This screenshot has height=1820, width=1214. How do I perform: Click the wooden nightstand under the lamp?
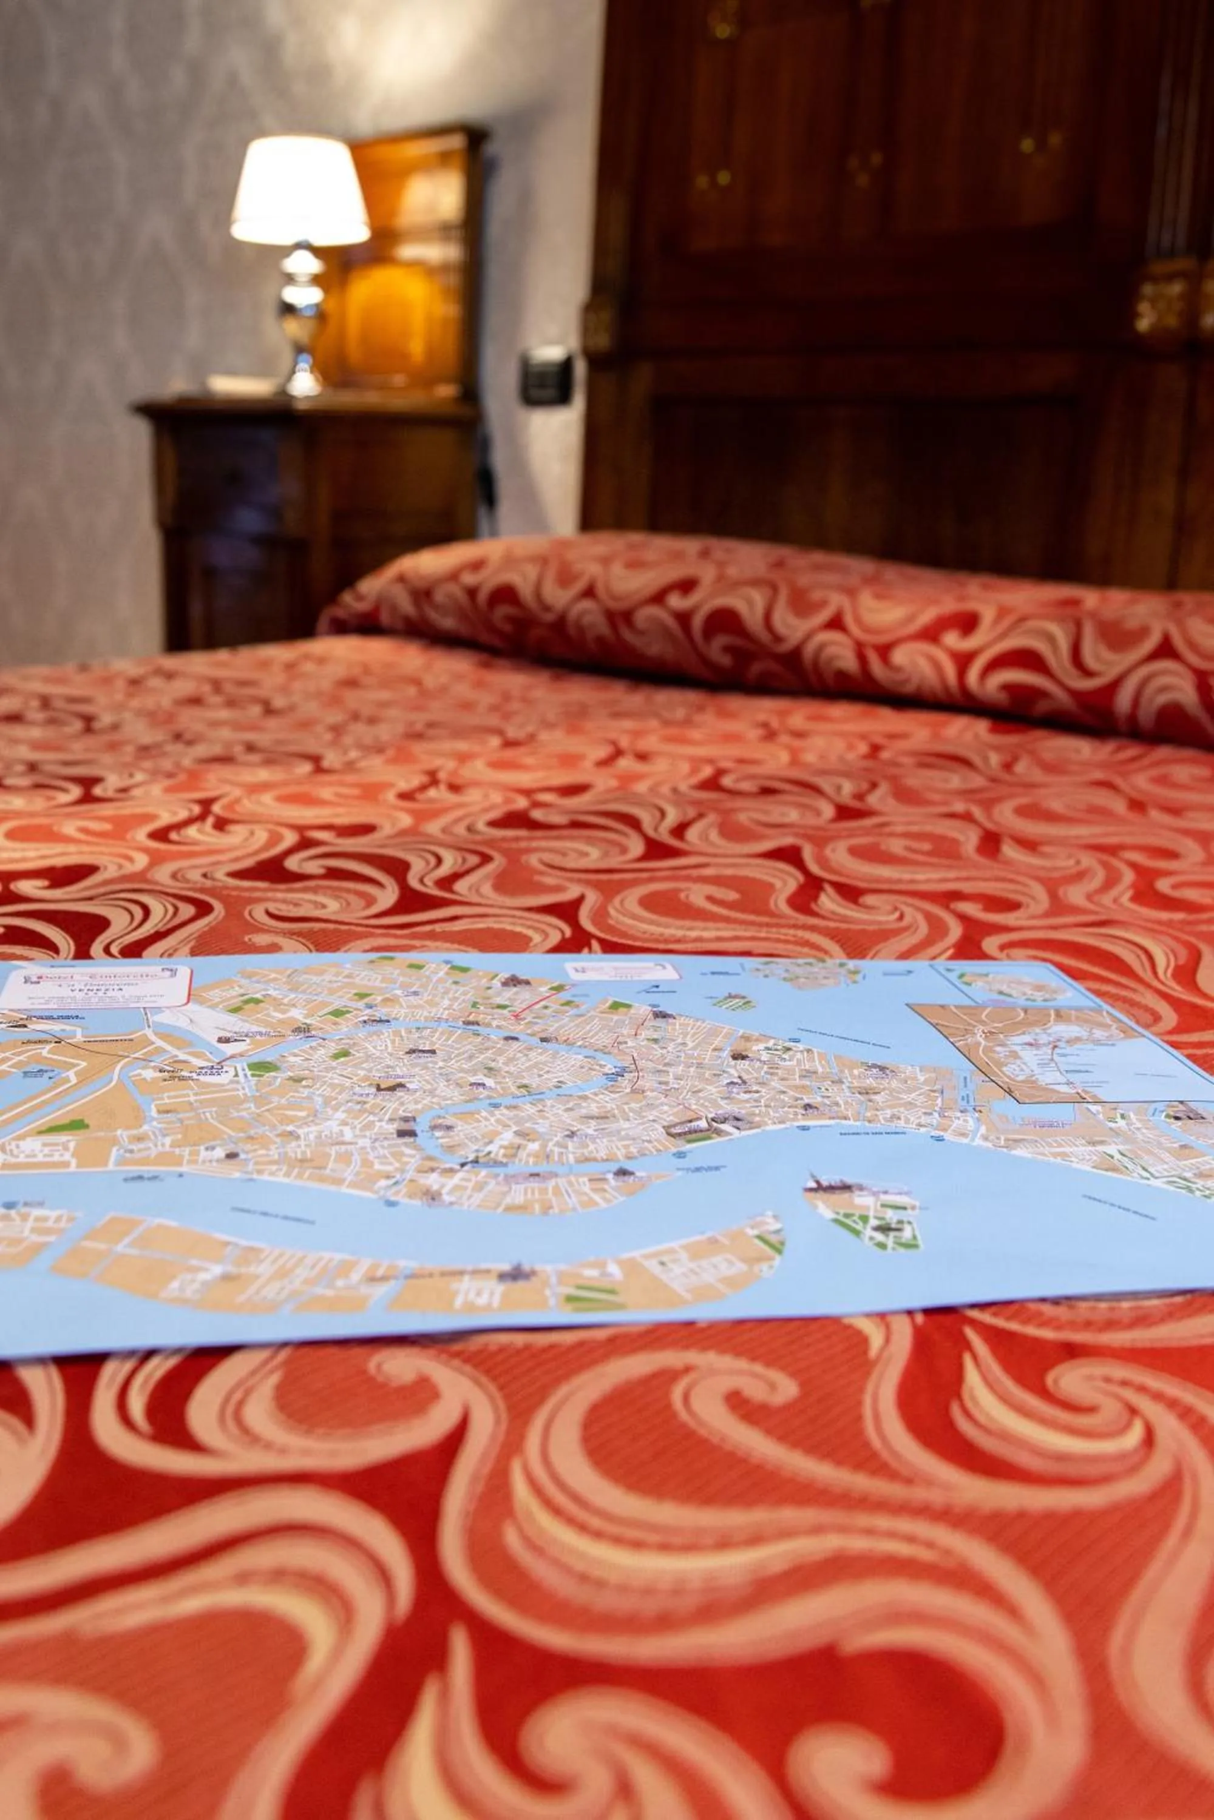[x=310, y=511]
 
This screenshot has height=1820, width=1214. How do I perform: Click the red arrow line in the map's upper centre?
[x=542, y=1003]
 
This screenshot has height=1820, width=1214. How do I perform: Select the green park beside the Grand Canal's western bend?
[x=263, y=1067]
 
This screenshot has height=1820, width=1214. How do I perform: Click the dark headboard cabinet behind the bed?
[x=890, y=271]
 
